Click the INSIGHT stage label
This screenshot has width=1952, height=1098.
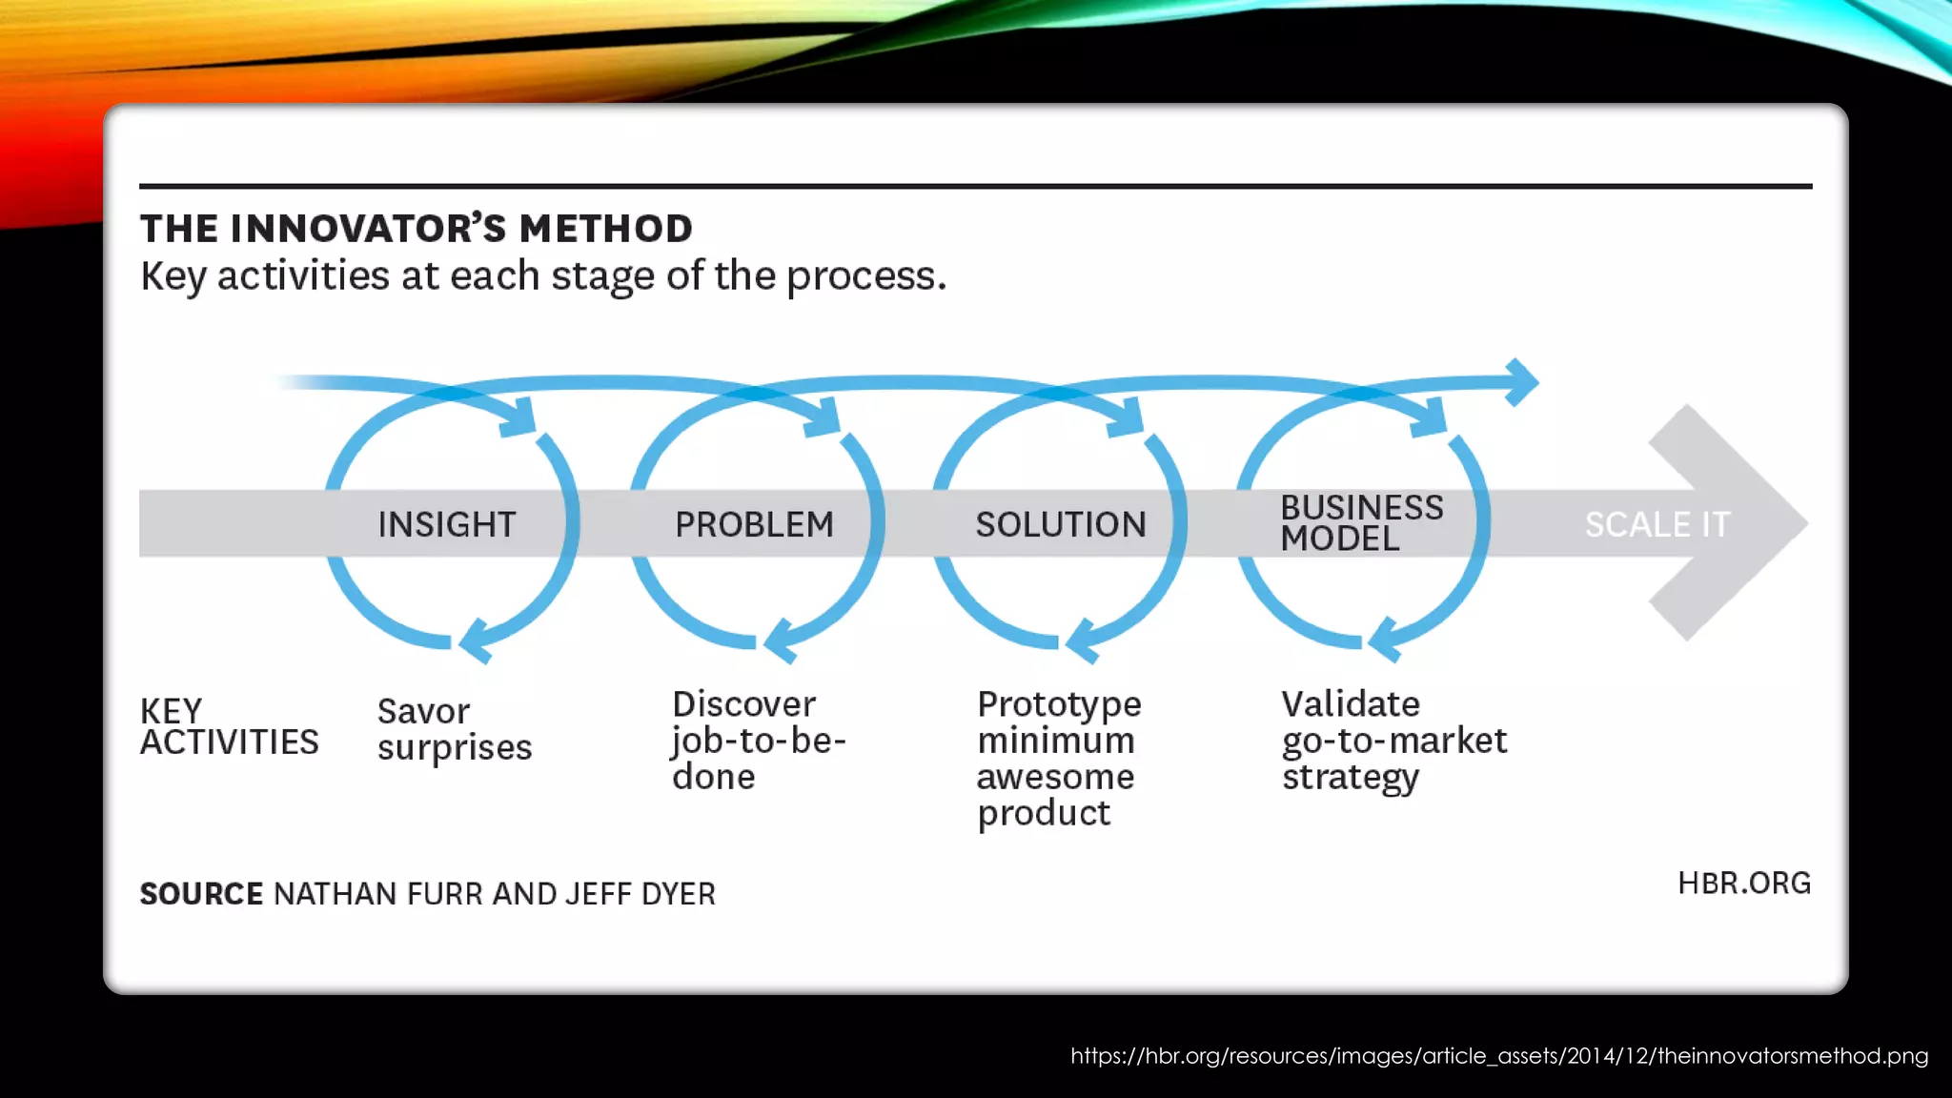(446, 524)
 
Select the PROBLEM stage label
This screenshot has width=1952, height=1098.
(754, 524)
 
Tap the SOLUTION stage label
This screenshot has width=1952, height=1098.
(1060, 524)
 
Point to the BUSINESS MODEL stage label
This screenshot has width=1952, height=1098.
(1360, 523)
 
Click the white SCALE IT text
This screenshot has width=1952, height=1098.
(1657, 524)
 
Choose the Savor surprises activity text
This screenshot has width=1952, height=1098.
(454, 729)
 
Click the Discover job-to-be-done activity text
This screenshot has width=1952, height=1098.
(758, 741)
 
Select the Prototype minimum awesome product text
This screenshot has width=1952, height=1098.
(1059, 759)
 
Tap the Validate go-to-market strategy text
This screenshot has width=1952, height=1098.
(1393, 741)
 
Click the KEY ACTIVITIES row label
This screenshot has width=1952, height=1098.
(229, 726)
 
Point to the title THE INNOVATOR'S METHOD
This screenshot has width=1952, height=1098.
(417, 229)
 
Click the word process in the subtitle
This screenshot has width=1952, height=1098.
(865, 276)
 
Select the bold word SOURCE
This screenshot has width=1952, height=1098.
(201, 894)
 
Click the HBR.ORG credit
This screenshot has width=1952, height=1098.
(1743, 884)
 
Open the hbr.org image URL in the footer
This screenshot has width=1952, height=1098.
(1498, 1056)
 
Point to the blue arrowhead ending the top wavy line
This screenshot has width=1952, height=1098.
(1523, 382)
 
